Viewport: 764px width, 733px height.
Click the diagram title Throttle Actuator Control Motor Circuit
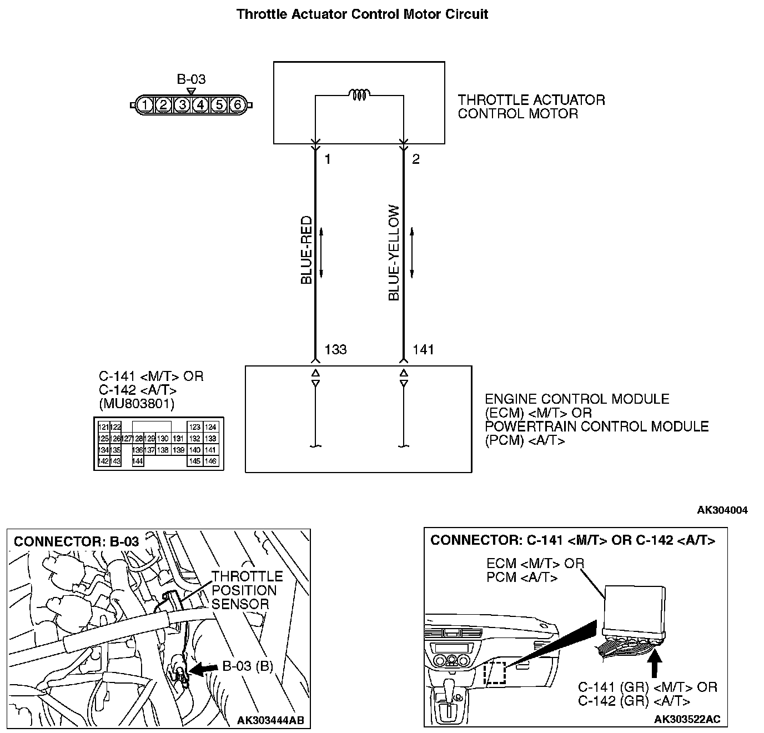click(362, 14)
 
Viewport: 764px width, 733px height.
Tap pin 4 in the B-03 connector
click(200, 104)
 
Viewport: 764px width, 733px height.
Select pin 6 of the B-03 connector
click(237, 104)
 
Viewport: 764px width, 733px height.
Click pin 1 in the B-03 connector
click(144, 104)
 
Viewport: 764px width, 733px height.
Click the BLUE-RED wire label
click(306, 250)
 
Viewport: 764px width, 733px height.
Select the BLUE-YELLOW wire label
click(394, 253)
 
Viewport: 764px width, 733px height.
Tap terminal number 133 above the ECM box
click(335, 349)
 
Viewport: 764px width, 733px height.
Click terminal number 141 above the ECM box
click(423, 349)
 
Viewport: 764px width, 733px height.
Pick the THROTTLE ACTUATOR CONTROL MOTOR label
click(531, 107)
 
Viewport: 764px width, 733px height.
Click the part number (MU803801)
click(137, 403)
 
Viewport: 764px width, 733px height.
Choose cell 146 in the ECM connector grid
click(210, 461)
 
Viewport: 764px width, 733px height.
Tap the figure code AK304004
click(722, 510)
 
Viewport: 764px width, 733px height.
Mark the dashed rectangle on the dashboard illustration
click(494, 672)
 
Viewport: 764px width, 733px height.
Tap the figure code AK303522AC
click(687, 719)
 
